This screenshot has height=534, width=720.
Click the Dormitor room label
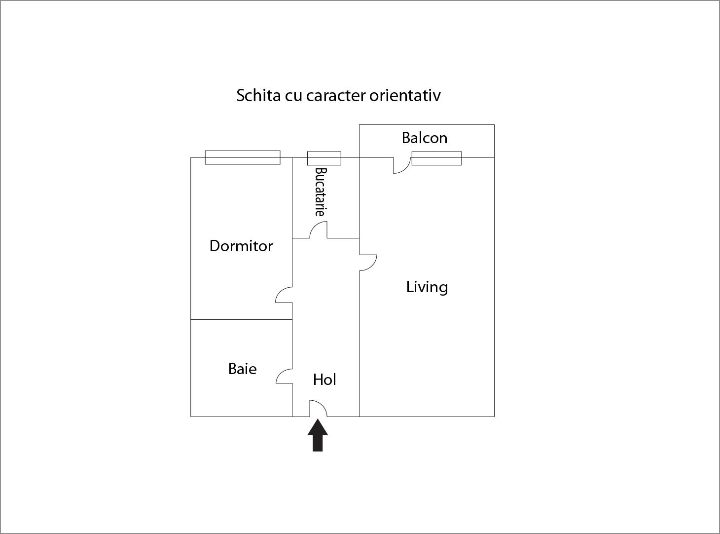241,246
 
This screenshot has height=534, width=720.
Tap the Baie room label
242,369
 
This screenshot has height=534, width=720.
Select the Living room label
427,287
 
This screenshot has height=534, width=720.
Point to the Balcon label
425,138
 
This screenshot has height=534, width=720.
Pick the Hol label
324,380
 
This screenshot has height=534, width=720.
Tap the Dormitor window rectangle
243,157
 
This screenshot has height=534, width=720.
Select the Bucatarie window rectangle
324,158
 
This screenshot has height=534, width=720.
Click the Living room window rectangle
436,158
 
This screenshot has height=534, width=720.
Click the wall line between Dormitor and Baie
241,319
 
